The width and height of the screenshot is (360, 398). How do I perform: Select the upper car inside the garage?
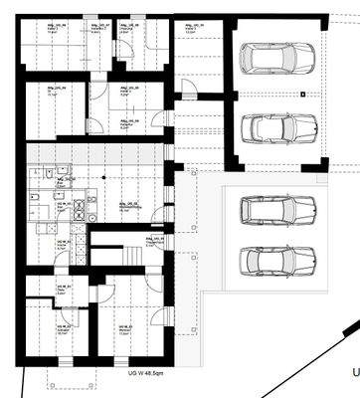pyautogui.click(x=277, y=59)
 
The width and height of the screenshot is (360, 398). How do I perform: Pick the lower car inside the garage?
pyautogui.click(x=277, y=129)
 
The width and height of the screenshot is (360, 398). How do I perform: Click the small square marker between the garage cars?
pyautogui.click(x=301, y=95)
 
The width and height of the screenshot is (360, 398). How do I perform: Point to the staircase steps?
pyautogui.click(x=118, y=252)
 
